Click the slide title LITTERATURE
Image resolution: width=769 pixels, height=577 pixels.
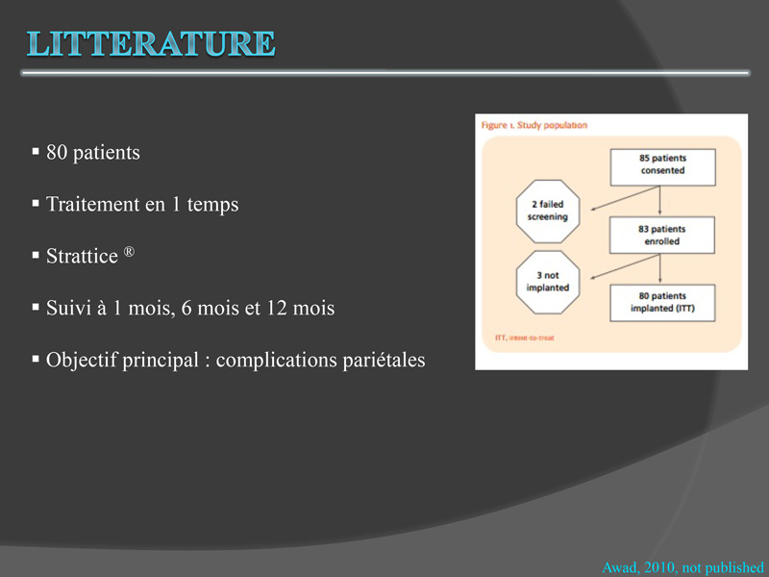pos(151,43)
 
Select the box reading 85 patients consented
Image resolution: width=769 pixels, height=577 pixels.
pos(662,167)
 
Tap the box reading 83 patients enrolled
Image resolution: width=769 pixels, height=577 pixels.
pos(661,236)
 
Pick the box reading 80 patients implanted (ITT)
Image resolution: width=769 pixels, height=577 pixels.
pos(662,303)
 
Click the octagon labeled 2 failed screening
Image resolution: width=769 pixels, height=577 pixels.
pos(548,211)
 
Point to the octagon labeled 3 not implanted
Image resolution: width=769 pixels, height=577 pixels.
pos(548,282)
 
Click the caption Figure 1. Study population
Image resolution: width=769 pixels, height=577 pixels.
pos(534,126)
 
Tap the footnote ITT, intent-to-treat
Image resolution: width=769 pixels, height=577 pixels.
pos(524,338)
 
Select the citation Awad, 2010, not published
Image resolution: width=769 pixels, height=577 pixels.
pos(682,567)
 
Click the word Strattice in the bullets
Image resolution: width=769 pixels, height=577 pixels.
pos(82,256)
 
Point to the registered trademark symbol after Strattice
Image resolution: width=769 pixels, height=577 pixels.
pos(129,252)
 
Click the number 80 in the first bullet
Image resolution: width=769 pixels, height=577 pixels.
pos(57,153)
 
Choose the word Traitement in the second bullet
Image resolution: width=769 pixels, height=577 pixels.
pos(92,204)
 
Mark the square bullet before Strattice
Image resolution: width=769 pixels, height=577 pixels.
pos(36,255)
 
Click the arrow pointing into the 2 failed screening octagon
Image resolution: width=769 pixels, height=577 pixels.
pos(624,198)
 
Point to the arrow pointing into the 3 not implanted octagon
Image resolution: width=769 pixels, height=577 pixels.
pos(624,266)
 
